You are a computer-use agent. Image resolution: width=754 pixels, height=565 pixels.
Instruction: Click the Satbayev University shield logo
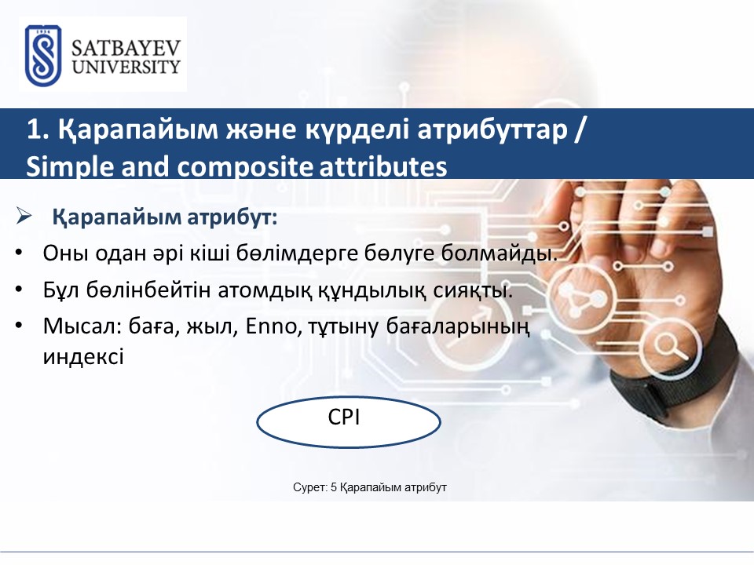click(43, 56)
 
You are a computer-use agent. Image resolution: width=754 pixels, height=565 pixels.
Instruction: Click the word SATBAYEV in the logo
click(126, 49)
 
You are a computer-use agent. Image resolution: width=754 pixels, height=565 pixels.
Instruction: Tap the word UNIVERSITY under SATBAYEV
click(126, 67)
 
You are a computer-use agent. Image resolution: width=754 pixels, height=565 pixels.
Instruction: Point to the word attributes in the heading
click(383, 166)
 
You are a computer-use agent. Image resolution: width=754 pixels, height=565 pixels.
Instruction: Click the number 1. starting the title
click(38, 129)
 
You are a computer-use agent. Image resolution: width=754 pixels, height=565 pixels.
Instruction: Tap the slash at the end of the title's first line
click(580, 129)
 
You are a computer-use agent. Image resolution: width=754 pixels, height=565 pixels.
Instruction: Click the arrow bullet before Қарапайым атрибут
click(24, 216)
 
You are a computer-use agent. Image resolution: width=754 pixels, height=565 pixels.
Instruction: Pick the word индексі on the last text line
click(83, 357)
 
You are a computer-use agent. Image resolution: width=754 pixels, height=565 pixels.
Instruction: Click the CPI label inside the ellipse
click(344, 417)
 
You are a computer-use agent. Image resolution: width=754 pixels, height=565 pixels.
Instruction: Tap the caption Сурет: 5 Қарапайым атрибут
click(370, 487)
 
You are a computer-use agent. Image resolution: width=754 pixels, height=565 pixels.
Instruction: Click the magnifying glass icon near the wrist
click(672, 346)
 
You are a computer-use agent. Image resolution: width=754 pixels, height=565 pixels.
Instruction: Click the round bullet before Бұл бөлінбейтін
click(19, 290)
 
